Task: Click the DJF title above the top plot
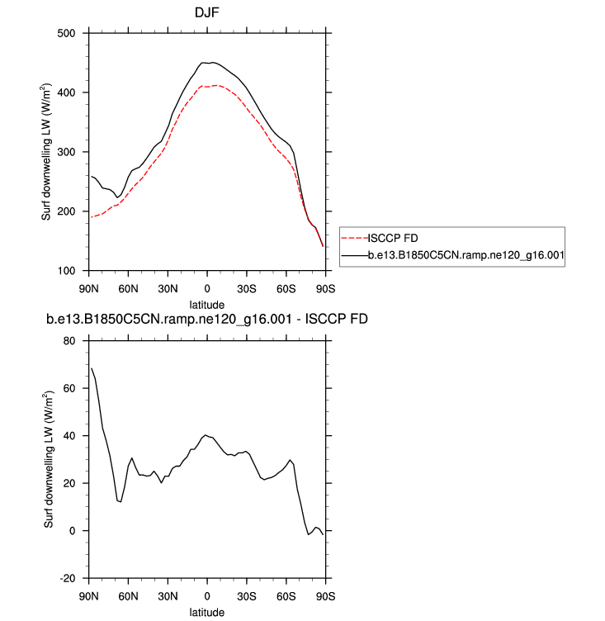coord(206,13)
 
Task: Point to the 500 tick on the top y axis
coord(65,33)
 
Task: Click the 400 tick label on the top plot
coord(65,92)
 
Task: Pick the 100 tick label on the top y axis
coord(65,271)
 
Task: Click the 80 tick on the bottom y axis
coord(69,341)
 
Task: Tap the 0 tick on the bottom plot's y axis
coord(72,531)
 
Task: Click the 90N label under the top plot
coord(87,288)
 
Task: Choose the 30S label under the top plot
coord(247,288)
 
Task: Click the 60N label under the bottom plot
coord(127,595)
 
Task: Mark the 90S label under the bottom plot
coord(326,595)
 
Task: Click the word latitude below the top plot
coord(206,304)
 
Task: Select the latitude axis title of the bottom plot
coord(206,612)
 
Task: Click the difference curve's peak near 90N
coord(92,369)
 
